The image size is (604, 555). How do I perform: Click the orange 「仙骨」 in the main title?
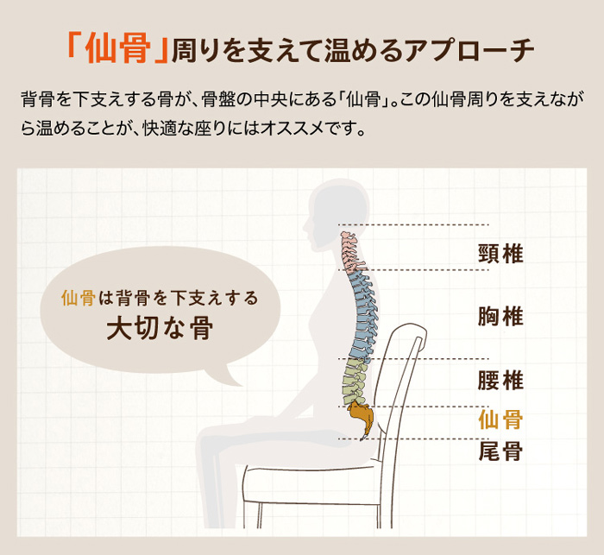click(117, 50)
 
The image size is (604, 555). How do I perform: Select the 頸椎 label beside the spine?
click(500, 254)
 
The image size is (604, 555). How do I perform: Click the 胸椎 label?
click(500, 317)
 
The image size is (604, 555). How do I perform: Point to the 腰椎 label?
click(500, 381)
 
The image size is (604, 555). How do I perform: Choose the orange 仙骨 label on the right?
click(500, 419)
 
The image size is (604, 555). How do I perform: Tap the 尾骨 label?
click(500, 451)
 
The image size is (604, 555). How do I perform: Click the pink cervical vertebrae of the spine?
click(351, 252)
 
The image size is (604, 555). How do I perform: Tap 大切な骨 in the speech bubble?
click(160, 329)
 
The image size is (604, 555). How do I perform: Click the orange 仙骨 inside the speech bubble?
click(79, 298)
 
